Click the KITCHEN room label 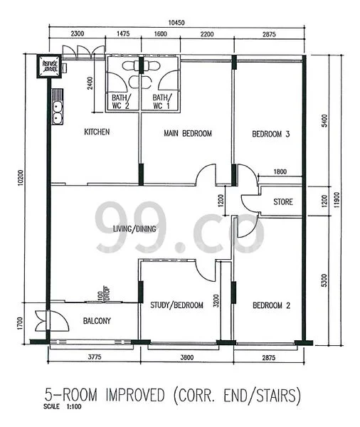coord(97,132)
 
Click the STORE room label coord(283,202)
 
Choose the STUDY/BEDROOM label coord(176,305)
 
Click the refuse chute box coord(50,65)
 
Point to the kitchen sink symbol coord(56,112)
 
